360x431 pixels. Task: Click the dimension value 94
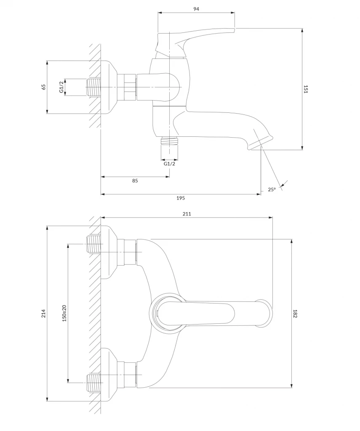coord(196,9)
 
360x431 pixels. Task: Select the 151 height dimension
coord(306,89)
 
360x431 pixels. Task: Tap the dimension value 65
coord(43,87)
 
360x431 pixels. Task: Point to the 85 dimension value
coord(135,181)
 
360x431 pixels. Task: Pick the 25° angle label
coord(272,189)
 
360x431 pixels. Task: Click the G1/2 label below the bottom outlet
coord(169,164)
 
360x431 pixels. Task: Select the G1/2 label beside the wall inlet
coord(61,87)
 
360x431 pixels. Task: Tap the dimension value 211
coord(187,214)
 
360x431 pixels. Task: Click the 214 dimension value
coord(43,314)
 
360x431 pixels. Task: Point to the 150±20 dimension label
coord(64,314)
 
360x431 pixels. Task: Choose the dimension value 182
coord(295,314)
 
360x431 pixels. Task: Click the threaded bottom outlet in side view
coord(169,141)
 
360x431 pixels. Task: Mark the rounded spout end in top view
coord(264,313)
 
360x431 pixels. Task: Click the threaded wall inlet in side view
coord(93,87)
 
